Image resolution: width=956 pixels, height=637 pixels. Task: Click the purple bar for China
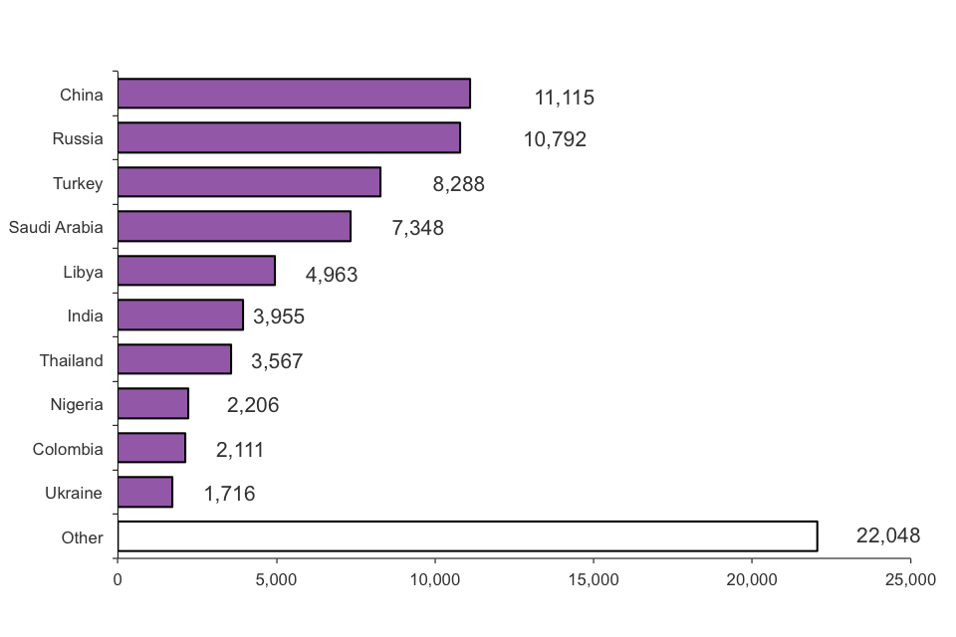(x=294, y=94)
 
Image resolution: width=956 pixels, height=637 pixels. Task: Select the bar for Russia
(x=289, y=138)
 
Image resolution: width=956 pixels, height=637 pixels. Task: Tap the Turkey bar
(x=249, y=182)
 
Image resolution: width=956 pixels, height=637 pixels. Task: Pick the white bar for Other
(x=467, y=536)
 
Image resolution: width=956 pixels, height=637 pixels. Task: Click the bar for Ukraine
(x=145, y=492)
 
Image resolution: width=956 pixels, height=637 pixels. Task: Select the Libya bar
(x=196, y=271)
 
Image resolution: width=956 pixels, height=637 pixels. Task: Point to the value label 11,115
(x=564, y=98)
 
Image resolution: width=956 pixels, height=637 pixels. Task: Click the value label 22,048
(x=887, y=535)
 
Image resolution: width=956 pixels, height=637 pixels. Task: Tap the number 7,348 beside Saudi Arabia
(x=417, y=228)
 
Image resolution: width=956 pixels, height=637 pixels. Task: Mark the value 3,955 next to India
(x=278, y=317)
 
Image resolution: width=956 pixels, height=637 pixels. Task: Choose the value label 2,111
(x=239, y=450)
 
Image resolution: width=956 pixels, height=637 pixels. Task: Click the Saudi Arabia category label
(x=56, y=227)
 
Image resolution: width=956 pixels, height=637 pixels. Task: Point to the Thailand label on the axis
(x=71, y=360)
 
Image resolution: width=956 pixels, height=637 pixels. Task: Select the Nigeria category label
(x=77, y=404)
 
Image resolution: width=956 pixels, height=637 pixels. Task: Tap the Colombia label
(x=68, y=449)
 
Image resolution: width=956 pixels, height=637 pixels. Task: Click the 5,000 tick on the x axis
(x=276, y=579)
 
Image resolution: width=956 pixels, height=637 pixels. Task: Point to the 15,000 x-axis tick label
(x=594, y=579)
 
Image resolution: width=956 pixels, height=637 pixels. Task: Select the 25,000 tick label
(x=910, y=579)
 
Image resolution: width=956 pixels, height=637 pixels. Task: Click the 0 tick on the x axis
(x=118, y=579)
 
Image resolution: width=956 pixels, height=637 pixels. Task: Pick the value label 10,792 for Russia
(x=555, y=139)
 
